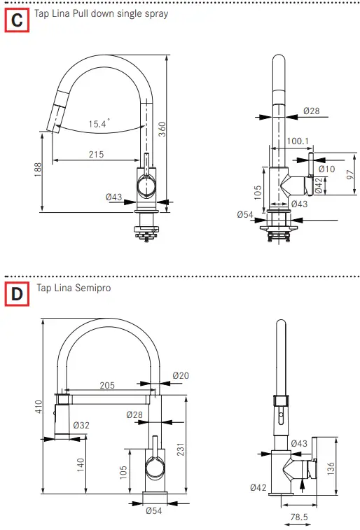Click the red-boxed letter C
pos(17,21)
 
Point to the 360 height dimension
pos(162,129)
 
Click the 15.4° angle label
pos(99,123)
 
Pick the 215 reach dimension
pos(97,154)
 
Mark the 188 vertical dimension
pos(38,169)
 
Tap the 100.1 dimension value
pos(298,141)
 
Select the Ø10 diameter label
pos(326,169)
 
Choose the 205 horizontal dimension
pos(107,386)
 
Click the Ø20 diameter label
pos(181,376)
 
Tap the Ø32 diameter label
pos(81,425)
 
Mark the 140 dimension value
pos(80,463)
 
